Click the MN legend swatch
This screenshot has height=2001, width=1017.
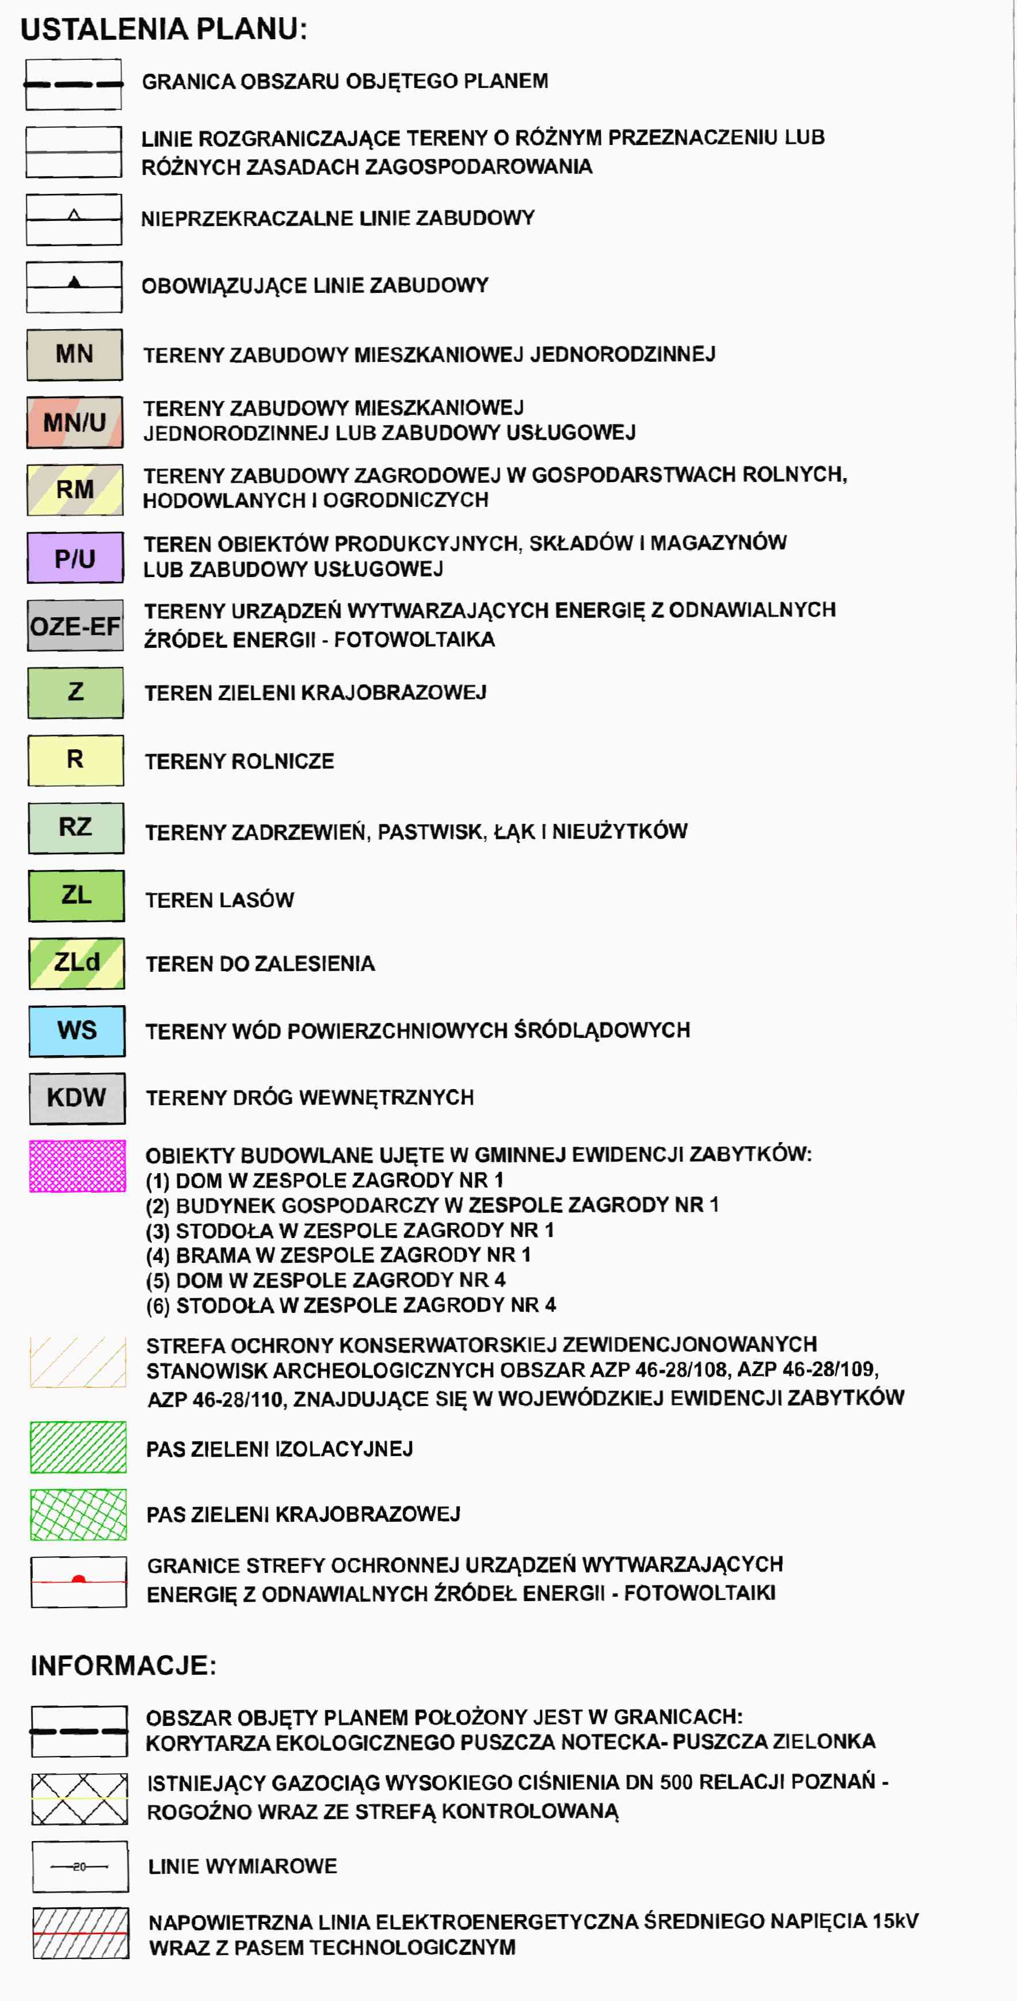tap(75, 355)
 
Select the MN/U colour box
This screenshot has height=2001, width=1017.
tap(75, 422)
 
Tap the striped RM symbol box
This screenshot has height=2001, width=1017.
tap(75, 490)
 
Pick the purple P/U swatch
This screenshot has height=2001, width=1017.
tap(75, 557)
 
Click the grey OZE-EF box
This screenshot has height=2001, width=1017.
tap(75, 626)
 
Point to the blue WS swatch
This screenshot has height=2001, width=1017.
tap(77, 1031)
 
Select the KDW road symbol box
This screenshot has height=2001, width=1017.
tap(77, 1098)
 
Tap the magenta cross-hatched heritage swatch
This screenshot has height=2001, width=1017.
tap(78, 1166)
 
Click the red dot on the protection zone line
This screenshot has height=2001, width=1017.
tap(78, 1579)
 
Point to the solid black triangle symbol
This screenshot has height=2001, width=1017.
tap(75, 282)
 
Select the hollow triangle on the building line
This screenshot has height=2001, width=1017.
tap(75, 215)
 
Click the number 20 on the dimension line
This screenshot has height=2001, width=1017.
tap(79, 1866)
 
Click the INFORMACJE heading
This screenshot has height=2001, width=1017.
tap(123, 1666)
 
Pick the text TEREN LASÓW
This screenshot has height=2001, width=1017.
tap(220, 900)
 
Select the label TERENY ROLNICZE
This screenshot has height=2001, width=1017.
tap(239, 761)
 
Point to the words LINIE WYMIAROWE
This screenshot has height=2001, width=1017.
tap(242, 1866)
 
